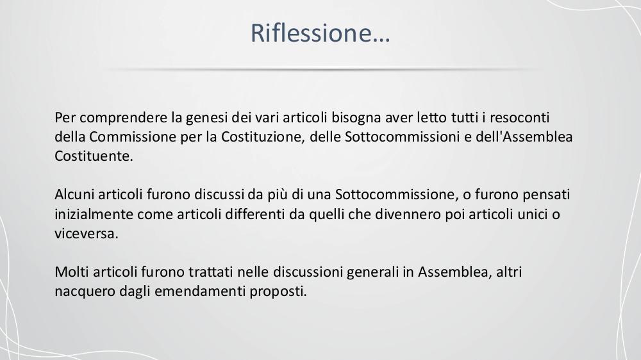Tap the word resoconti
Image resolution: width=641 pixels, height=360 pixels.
tap(519, 118)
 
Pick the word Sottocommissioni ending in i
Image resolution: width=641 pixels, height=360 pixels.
tap(403, 137)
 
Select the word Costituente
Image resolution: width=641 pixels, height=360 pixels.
tap(94, 156)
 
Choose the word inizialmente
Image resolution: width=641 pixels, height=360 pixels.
tap(94, 215)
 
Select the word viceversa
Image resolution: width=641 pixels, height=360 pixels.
tap(87, 234)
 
